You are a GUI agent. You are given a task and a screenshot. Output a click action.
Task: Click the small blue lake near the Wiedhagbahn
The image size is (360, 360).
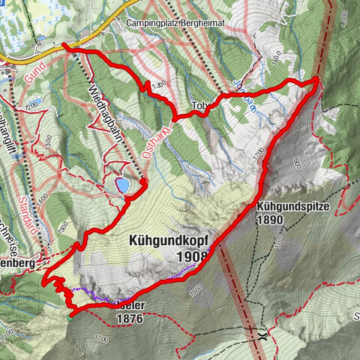tap(122, 184)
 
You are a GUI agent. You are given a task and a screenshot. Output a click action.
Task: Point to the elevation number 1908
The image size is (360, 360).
tap(192, 257)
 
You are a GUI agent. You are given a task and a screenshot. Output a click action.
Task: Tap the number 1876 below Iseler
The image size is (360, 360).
tap(129, 318)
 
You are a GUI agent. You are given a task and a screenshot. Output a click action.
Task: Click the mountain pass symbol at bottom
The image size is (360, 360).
tap(261, 335)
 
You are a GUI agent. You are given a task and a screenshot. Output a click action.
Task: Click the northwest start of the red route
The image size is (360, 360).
tap(64, 46)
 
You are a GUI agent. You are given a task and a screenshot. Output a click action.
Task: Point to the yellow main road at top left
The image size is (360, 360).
tap(22, 58)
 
